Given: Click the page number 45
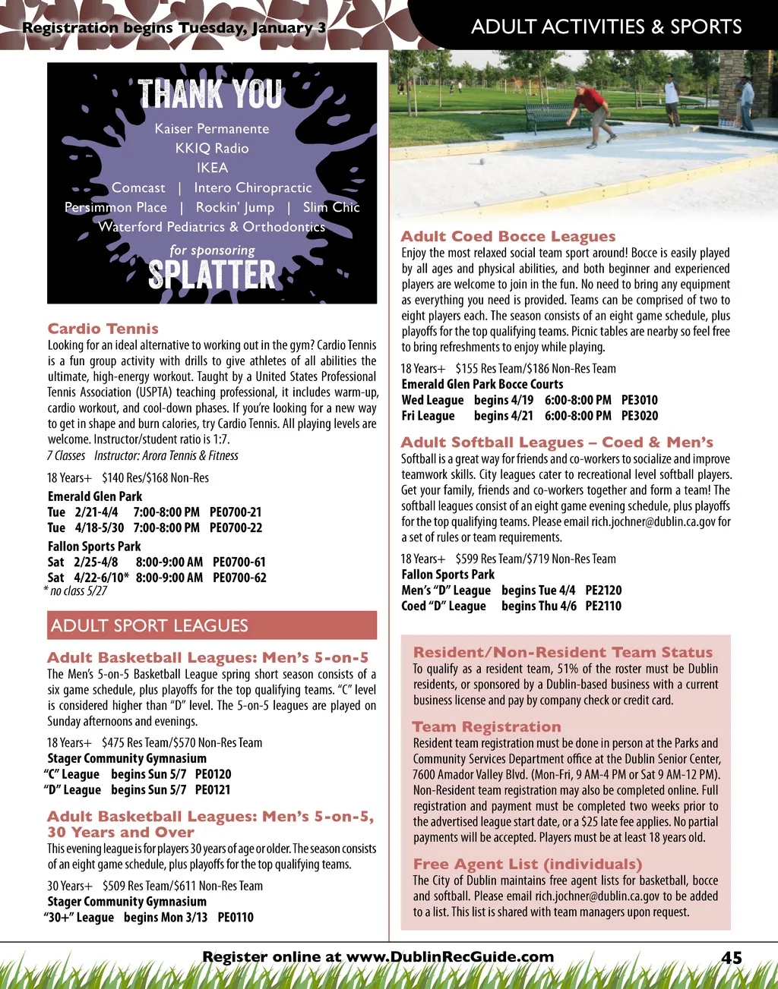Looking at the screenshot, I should coord(731,958).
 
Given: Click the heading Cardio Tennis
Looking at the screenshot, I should coord(103,329).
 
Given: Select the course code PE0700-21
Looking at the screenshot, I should coord(236,512).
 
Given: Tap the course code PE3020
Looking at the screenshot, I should coord(640,416).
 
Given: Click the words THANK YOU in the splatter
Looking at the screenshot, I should coord(210,95).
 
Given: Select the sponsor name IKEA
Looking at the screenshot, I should coord(212,168).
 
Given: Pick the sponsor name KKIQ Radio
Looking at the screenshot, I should coord(212,148).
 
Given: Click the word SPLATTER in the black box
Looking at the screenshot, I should coord(212,275).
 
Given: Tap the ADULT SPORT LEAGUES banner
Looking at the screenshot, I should coord(212,625).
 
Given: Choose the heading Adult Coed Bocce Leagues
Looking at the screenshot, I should coord(508,237).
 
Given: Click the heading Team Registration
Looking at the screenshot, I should coord(486,727).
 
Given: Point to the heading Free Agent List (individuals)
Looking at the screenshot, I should coord(527,865).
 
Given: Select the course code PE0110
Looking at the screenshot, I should coord(236,918).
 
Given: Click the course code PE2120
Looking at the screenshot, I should coord(603,591).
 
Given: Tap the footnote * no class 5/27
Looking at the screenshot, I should coord(76,591).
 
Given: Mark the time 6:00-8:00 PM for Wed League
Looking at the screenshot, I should coord(577,400).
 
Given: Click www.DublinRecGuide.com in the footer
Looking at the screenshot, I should coord(450,957).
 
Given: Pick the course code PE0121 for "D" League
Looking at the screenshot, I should coord(213,790).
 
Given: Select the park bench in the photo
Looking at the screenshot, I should coord(553,115).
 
